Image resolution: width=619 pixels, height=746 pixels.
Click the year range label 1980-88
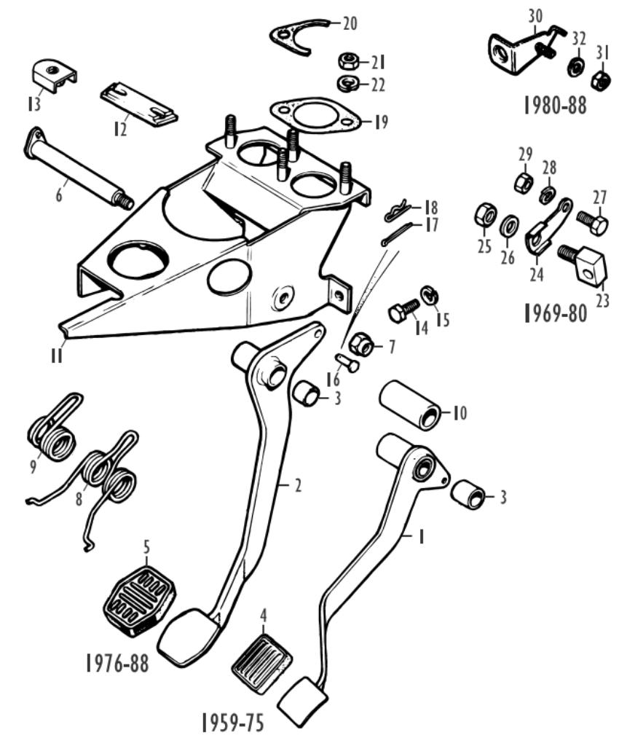point(555,106)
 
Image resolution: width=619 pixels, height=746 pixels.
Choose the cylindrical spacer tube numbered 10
point(412,406)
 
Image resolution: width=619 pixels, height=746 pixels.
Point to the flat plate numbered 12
point(138,103)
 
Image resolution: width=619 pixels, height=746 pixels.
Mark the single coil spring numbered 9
point(52,434)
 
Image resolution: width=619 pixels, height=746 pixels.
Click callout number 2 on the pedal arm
point(297,487)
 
